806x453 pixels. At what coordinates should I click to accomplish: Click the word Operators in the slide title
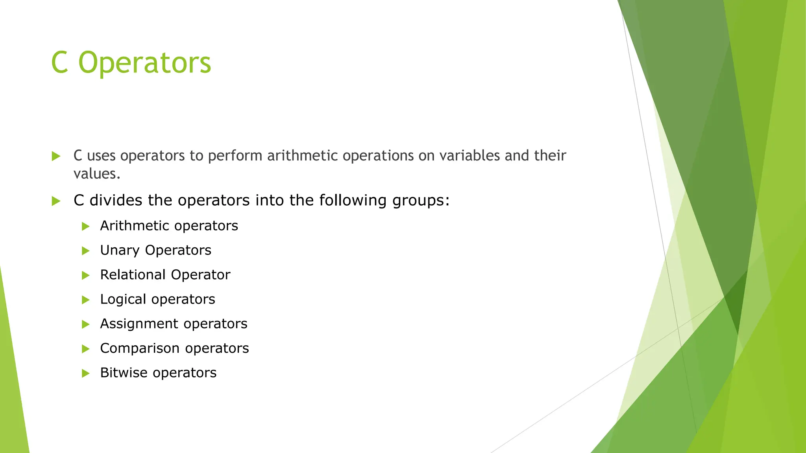[144, 63]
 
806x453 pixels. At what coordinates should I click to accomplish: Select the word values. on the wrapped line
[97, 173]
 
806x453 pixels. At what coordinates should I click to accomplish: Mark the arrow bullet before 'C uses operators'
[56, 157]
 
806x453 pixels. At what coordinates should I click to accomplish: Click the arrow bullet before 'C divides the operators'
[56, 201]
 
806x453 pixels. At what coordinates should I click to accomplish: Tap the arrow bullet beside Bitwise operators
[85, 373]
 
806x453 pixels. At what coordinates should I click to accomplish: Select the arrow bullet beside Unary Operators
[85, 251]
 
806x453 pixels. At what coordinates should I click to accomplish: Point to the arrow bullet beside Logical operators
[85, 300]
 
